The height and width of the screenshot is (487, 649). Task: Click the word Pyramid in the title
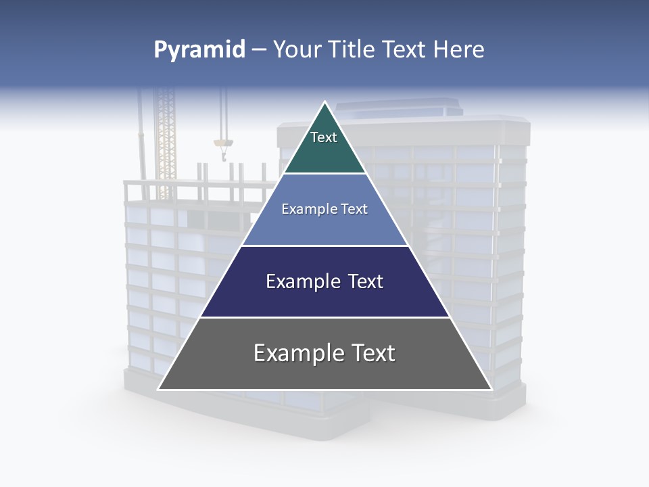click(199, 50)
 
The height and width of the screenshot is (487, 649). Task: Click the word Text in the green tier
click(324, 137)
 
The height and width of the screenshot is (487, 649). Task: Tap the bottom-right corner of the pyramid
click(491, 389)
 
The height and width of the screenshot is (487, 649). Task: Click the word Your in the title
click(297, 50)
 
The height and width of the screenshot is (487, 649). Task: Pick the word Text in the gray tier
click(369, 353)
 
